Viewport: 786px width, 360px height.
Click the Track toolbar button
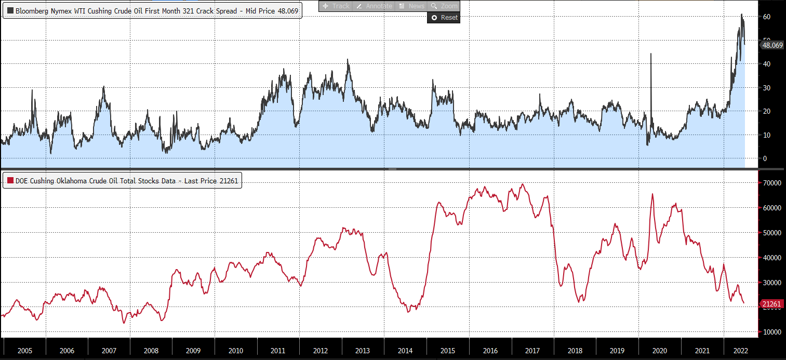pyautogui.click(x=336, y=6)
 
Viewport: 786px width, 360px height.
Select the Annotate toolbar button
pyautogui.click(x=375, y=6)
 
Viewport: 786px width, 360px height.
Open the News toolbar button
pyautogui.click(x=411, y=6)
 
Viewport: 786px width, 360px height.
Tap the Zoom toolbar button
pyautogui.click(x=444, y=6)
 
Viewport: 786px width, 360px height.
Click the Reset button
pyautogui.click(x=444, y=18)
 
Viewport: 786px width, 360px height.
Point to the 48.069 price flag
pyautogui.click(x=772, y=45)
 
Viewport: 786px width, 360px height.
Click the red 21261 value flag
pyautogui.click(x=772, y=304)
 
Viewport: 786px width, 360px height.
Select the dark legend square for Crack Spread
pyautogui.click(x=10, y=10)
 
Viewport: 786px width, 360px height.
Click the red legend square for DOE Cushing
pyautogui.click(x=10, y=181)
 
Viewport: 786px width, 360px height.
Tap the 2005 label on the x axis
pyautogui.click(x=24, y=351)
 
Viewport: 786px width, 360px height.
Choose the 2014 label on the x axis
pyautogui.click(x=405, y=351)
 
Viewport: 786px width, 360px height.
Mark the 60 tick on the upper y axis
pyautogui.click(x=766, y=17)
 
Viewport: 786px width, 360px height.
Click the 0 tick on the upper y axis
pyautogui.click(x=764, y=158)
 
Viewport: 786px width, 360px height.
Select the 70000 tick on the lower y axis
pyautogui.click(x=771, y=183)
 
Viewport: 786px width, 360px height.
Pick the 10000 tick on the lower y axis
pyautogui.click(x=771, y=331)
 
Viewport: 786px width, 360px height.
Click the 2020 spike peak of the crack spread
pyautogui.click(x=650, y=54)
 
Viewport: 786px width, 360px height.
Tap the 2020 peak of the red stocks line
pyautogui.click(x=652, y=194)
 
